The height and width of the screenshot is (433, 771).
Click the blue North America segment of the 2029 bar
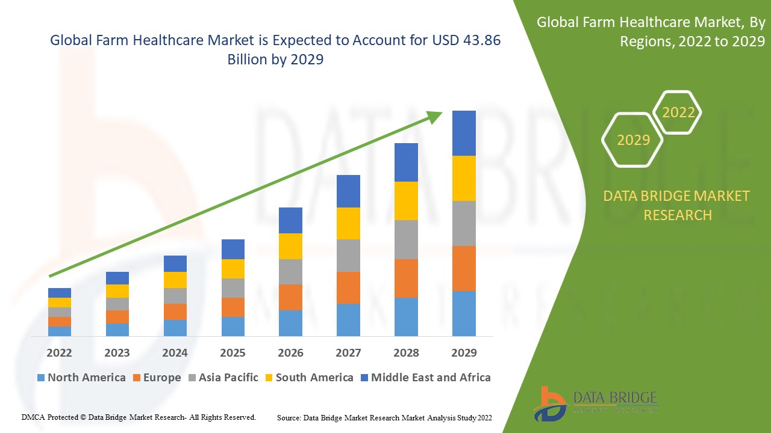pos(464,313)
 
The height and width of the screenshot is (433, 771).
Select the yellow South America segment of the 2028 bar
pos(406,201)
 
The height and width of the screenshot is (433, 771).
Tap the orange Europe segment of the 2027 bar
pos(348,287)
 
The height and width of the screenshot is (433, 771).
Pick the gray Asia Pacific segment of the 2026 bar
pos(290,272)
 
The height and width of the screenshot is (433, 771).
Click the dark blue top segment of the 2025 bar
pos(233,249)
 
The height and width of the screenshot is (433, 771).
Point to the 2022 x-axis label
pos(59,352)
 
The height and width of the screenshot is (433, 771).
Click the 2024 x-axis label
pos(175,352)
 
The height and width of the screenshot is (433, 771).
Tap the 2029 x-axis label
pos(464,352)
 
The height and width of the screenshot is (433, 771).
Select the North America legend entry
pos(81,378)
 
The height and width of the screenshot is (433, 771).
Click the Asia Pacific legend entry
pos(224,378)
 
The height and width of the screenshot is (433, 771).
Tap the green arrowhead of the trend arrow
pos(435,117)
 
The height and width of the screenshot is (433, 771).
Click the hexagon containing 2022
pos(678,112)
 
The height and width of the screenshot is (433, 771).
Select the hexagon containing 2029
pos(633,140)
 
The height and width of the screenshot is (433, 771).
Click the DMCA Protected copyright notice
pos(139,417)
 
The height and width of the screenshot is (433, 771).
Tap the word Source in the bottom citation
pos(289,417)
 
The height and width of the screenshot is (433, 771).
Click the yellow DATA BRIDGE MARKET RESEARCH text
pos(677,205)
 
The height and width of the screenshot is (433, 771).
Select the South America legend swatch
pos(269,378)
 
